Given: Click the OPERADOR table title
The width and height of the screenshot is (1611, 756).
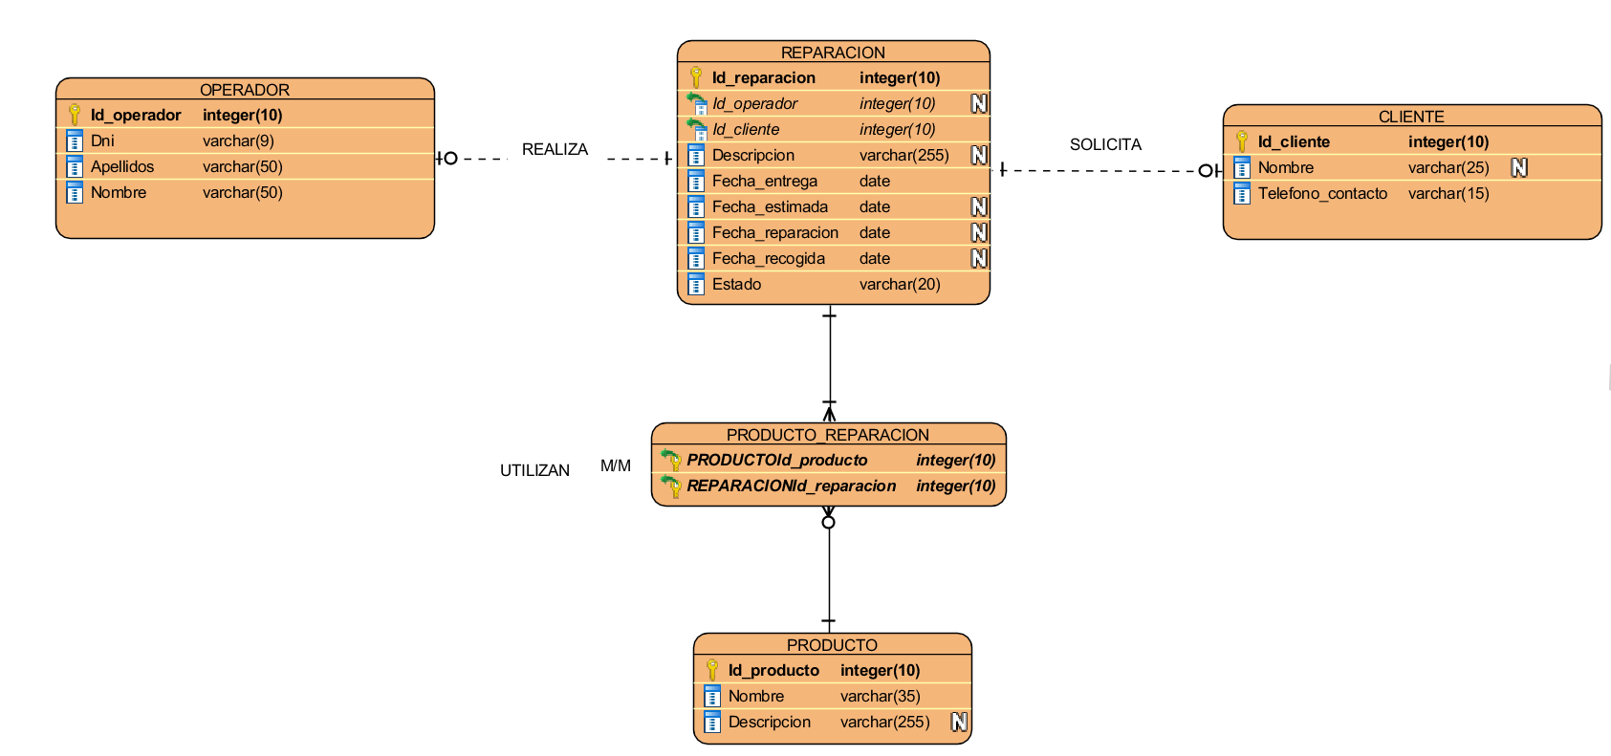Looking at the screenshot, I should tap(244, 90).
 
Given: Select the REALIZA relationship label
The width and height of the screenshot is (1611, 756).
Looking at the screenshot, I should tap(555, 149).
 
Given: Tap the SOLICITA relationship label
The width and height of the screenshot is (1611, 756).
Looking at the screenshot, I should tap(1105, 144).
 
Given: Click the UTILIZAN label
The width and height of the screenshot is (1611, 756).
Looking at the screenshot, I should tap(534, 470).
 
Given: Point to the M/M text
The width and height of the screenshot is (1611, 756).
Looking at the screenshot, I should tap(616, 466).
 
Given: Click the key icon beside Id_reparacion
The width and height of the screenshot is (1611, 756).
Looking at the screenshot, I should tap(696, 77).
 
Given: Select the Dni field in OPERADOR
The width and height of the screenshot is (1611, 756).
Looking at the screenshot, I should tap(102, 140).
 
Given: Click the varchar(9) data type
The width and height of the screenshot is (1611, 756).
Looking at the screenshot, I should tap(238, 140).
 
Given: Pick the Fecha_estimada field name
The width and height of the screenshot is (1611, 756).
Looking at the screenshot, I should tap(770, 206).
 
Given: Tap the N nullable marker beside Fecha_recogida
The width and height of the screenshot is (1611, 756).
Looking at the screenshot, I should tap(979, 258).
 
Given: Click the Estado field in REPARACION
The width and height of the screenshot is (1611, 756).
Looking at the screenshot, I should tap(736, 284).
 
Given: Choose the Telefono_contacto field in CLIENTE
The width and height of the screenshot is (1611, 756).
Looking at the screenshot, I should tap(1322, 193).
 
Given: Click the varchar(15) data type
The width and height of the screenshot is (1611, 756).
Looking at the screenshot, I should tap(1448, 193).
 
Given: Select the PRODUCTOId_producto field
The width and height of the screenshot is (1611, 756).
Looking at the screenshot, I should tap(776, 460).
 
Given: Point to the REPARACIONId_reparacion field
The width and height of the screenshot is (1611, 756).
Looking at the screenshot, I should tap(791, 486).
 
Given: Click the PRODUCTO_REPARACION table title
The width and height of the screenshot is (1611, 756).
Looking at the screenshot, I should tap(827, 435).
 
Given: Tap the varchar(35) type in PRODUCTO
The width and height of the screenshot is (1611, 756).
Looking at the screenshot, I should tap(880, 696).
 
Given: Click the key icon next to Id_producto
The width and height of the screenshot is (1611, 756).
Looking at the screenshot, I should tap(712, 670).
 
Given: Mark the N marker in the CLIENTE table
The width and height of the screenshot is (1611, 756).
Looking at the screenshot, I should tap(1519, 167).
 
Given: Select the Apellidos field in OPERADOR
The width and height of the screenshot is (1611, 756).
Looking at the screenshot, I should tap(122, 166).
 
